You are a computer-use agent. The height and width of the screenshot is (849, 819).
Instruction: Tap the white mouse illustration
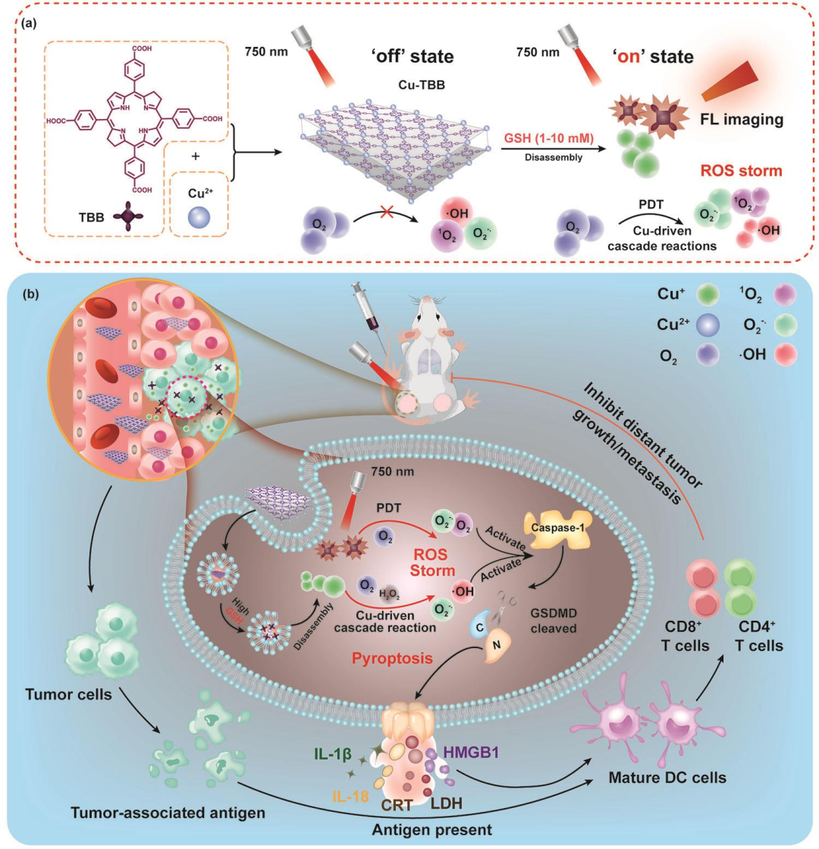438,366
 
